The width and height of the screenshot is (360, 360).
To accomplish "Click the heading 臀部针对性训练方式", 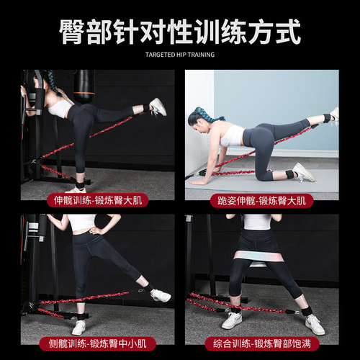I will pos(179,32).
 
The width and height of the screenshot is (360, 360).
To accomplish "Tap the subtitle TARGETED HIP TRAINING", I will pos(179,54).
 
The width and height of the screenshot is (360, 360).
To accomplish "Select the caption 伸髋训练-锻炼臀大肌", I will pos(97,203).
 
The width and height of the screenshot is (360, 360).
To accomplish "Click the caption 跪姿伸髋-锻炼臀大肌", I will pos(261,203).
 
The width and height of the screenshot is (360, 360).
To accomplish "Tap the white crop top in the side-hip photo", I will pos(82,222).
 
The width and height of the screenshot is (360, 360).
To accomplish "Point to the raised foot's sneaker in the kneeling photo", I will pos(333,116).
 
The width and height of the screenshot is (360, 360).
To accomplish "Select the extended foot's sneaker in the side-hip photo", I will pos(161,295).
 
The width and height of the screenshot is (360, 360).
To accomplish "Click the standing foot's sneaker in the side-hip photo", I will pos(79,327).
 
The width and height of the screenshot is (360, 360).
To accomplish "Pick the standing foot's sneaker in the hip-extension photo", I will pos(81,189).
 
